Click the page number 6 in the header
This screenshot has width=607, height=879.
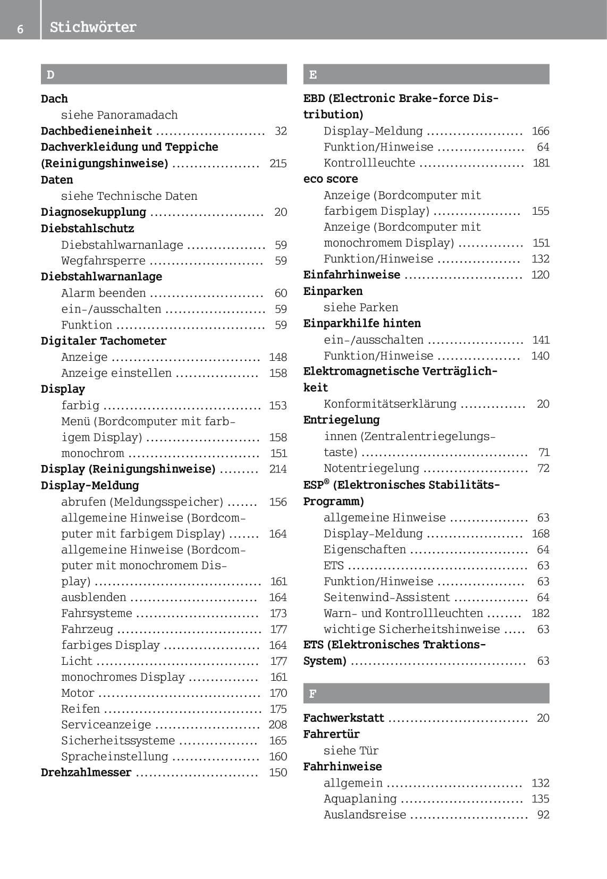pyautogui.click(x=20, y=29)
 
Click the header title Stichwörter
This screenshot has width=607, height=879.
pyautogui.click(x=93, y=27)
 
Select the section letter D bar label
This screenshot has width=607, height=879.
pyautogui.click(x=50, y=74)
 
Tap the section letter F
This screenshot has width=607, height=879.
pyautogui.click(x=313, y=694)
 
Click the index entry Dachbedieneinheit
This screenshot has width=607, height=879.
pyautogui.click(x=96, y=131)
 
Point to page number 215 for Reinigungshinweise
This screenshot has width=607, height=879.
pyautogui.click(x=278, y=163)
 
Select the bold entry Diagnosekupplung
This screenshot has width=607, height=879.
pyautogui.click(x=94, y=212)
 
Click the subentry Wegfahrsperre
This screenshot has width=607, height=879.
pyautogui.click(x=103, y=260)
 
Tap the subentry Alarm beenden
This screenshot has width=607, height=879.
pyautogui.click(x=103, y=293)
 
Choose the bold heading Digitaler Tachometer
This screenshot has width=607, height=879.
pyautogui.click(x=104, y=341)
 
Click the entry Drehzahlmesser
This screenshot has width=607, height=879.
pyautogui.click(x=86, y=772)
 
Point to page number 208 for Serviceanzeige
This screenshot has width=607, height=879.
pyautogui.click(x=277, y=724)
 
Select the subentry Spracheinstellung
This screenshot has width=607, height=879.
pyautogui.click(x=114, y=756)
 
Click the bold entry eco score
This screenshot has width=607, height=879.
pyautogui.click(x=331, y=179)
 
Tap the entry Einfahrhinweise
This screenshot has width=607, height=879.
pyautogui.click(x=352, y=275)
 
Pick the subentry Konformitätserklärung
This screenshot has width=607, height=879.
pyautogui.click(x=390, y=404)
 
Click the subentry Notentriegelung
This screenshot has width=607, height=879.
pyautogui.click(x=372, y=468)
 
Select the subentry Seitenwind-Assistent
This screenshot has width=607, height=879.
pyautogui.click(x=387, y=597)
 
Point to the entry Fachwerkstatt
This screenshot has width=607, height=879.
pyautogui.click(x=343, y=718)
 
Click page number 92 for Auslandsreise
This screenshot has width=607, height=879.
pyautogui.click(x=543, y=814)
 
